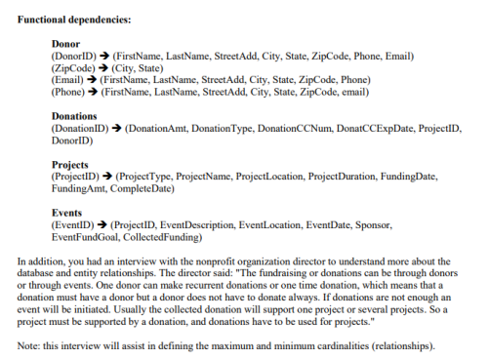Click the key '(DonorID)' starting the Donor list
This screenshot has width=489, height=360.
70,57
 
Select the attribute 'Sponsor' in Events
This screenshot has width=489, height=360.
372,224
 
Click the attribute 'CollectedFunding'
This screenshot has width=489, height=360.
166,236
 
